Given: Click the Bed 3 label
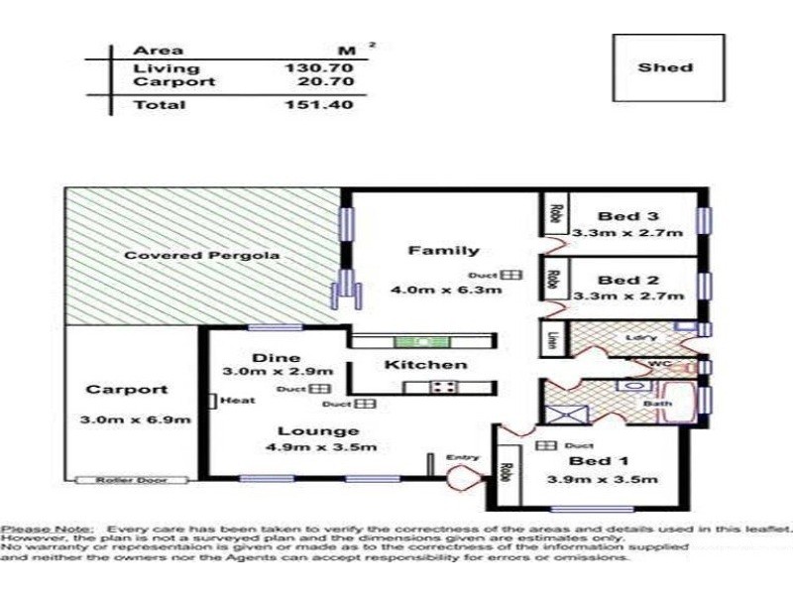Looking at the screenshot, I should point(628,216).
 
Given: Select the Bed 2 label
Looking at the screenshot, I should point(628,279).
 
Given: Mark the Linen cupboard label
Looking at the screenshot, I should point(551,339).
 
